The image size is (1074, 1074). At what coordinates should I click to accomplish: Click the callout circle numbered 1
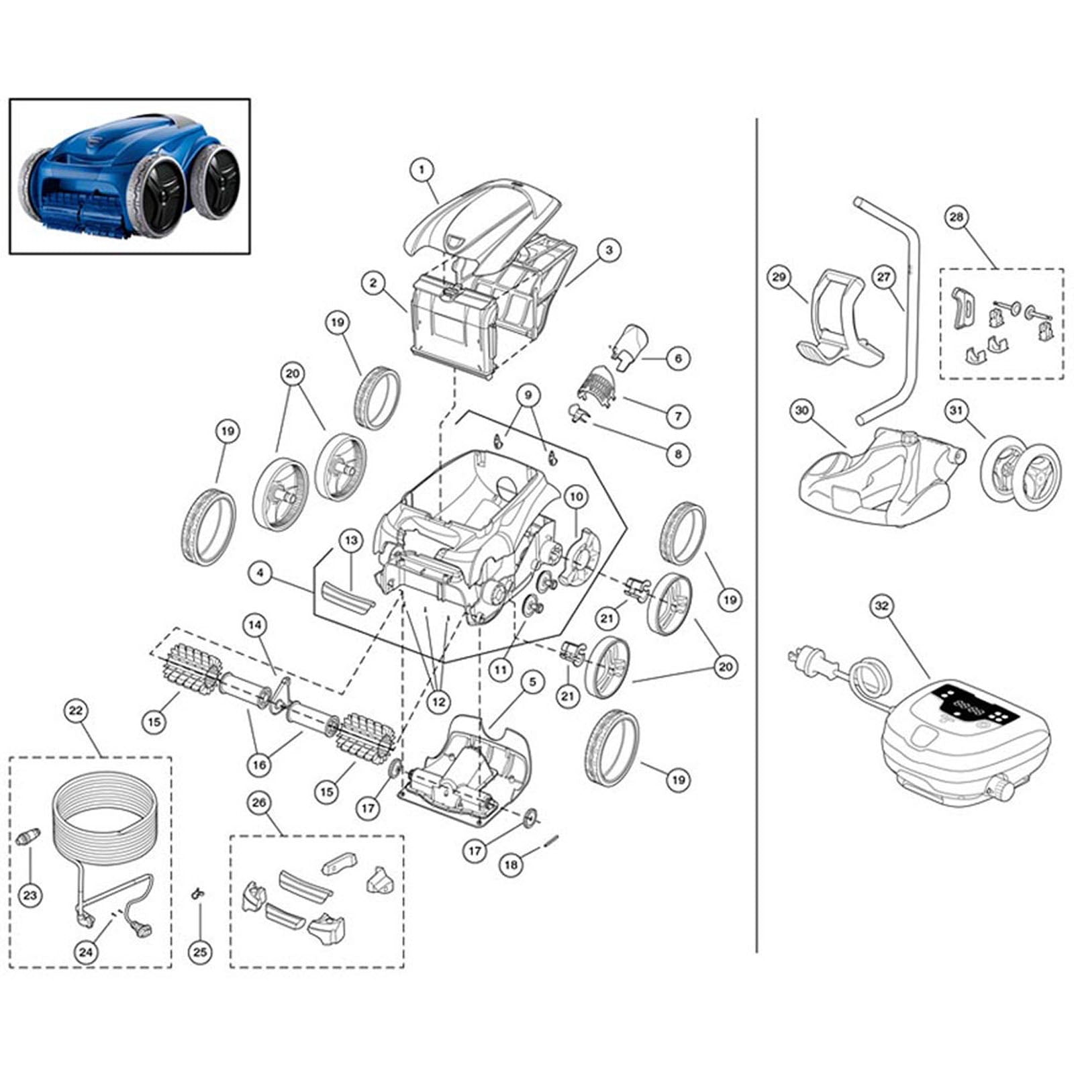422,170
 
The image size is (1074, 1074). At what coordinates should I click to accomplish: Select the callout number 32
881,606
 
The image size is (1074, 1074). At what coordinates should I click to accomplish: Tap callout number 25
200,952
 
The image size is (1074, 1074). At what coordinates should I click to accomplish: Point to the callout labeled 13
351,540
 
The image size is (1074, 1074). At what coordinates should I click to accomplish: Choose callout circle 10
576,497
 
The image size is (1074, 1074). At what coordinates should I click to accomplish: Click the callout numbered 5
532,683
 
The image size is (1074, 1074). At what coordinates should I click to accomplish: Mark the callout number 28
957,217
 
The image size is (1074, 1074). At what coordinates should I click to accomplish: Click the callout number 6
678,358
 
